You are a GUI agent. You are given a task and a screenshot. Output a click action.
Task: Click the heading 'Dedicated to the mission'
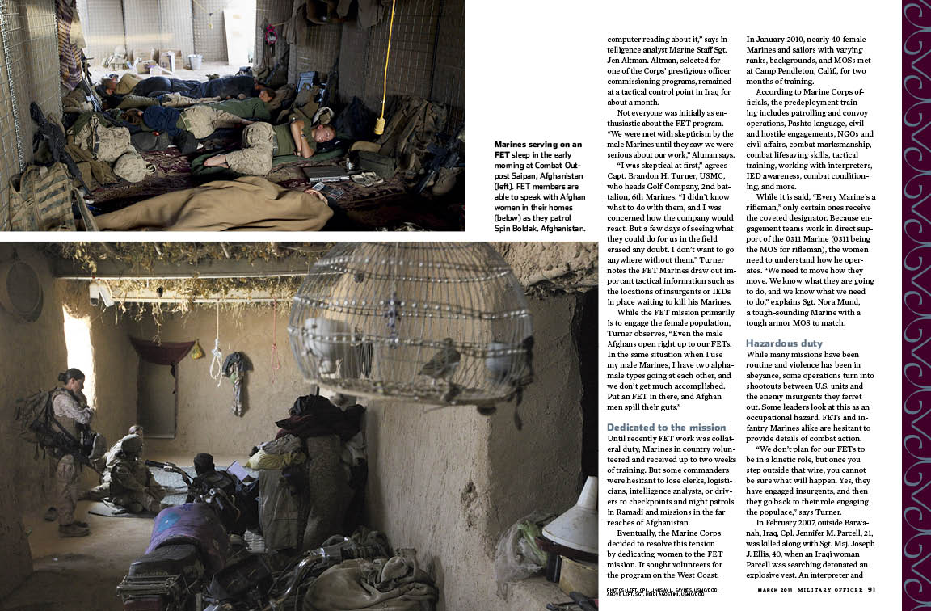tap(666, 427)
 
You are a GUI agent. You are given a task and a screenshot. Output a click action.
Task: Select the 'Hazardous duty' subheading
tap(784, 343)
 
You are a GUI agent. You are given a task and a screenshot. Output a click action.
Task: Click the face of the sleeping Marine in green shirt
tap(324, 132)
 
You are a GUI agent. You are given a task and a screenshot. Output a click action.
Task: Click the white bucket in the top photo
tap(195, 61)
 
